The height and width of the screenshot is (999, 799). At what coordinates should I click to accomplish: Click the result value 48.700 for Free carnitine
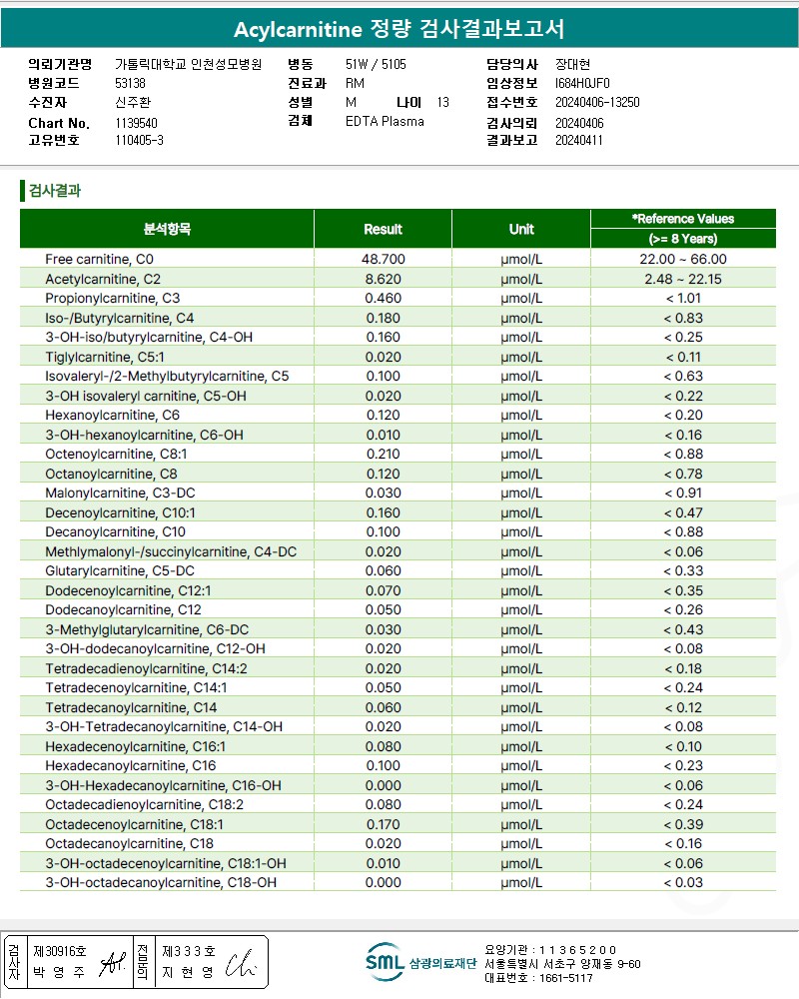[x=383, y=259]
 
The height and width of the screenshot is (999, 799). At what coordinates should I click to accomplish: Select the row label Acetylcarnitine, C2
[x=103, y=279]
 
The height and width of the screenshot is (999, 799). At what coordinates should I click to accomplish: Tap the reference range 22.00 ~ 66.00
[x=683, y=259]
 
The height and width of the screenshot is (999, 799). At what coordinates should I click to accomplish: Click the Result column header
[x=383, y=229]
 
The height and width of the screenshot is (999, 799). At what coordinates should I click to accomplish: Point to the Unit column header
[x=521, y=229]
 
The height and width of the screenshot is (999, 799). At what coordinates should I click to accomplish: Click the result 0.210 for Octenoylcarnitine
[x=383, y=454]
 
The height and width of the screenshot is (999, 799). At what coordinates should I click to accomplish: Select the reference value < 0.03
[x=683, y=882]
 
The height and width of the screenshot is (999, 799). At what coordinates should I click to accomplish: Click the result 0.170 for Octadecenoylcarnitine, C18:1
[x=383, y=824]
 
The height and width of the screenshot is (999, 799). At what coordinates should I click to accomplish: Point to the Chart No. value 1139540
[x=137, y=123]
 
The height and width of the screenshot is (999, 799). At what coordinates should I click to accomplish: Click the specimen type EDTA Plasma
[x=385, y=121]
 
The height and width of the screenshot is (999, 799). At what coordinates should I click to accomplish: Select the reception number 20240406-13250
[x=597, y=102]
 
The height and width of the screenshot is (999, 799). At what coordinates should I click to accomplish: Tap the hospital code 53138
[x=131, y=83]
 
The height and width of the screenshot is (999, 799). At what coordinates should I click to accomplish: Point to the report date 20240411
[x=579, y=141]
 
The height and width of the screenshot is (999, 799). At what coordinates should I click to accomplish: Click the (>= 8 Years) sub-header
[x=683, y=239]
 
